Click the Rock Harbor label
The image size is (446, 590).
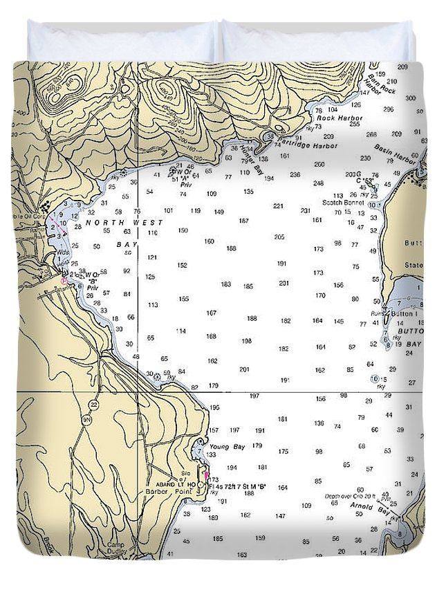[x=335, y=118]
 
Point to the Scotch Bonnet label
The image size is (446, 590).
[x=343, y=203]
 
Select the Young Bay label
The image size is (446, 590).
[x=227, y=447]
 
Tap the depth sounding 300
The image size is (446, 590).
[x=411, y=98]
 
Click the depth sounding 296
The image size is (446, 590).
[x=388, y=109]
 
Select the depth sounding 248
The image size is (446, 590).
[x=318, y=183]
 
